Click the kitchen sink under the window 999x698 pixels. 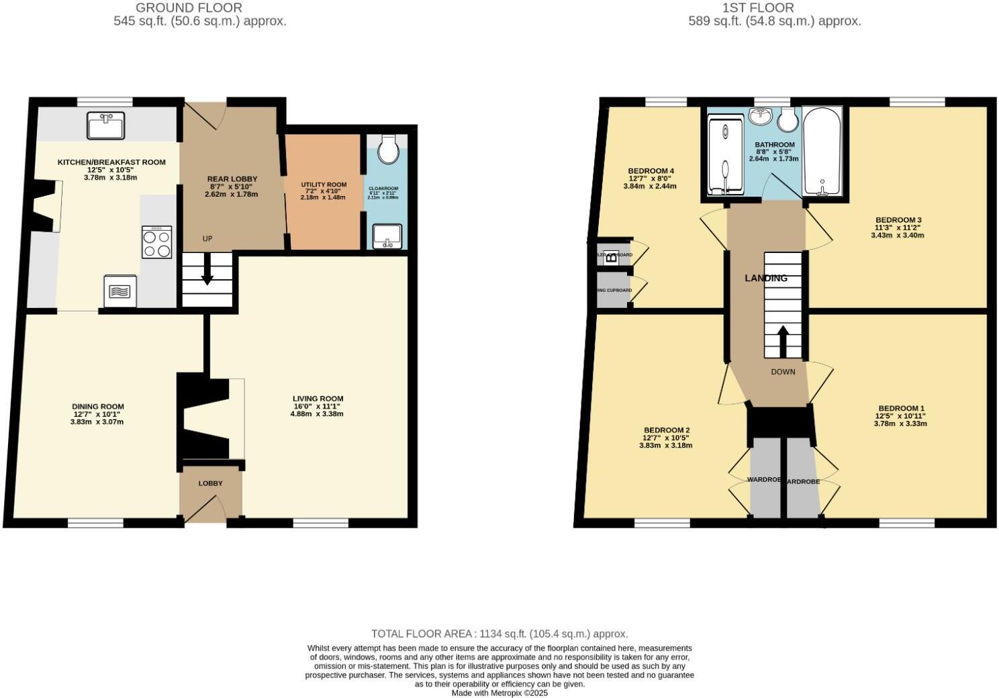[x=105, y=126]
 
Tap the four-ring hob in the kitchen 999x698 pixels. [x=156, y=242]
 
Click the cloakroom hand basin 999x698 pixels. [x=387, y=236]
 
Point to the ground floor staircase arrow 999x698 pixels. [x=207, y=270]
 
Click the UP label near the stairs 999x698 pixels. [x=207, y=239]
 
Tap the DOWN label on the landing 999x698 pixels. [x=783, y=372]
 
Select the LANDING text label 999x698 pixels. [x=766, y=278]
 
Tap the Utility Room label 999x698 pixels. [x=324, y=185]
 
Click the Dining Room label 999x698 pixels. [x=98, y=406]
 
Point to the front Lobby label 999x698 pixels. [x=210, y=483]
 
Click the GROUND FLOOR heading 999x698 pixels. [x=189, y=8]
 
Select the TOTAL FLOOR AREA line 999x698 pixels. [x=499, y=634]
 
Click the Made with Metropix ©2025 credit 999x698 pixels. [x=499, y=693]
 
